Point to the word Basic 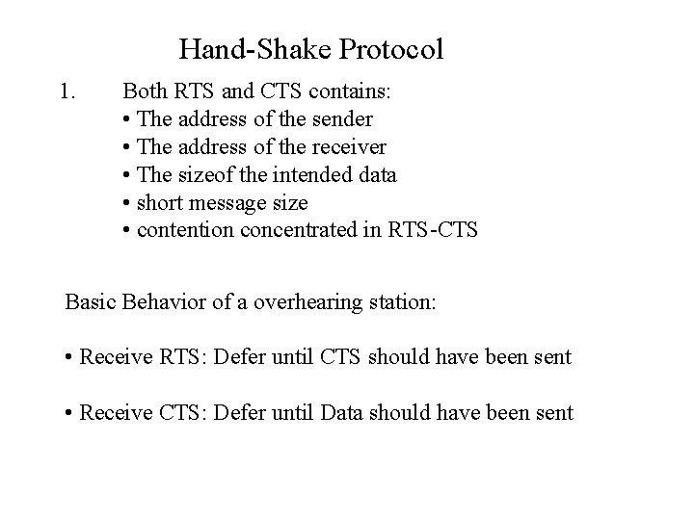tap(88, 301)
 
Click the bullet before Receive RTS tap(70, 358)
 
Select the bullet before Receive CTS tap(70, 414)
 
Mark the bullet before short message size tap(128, 204)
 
